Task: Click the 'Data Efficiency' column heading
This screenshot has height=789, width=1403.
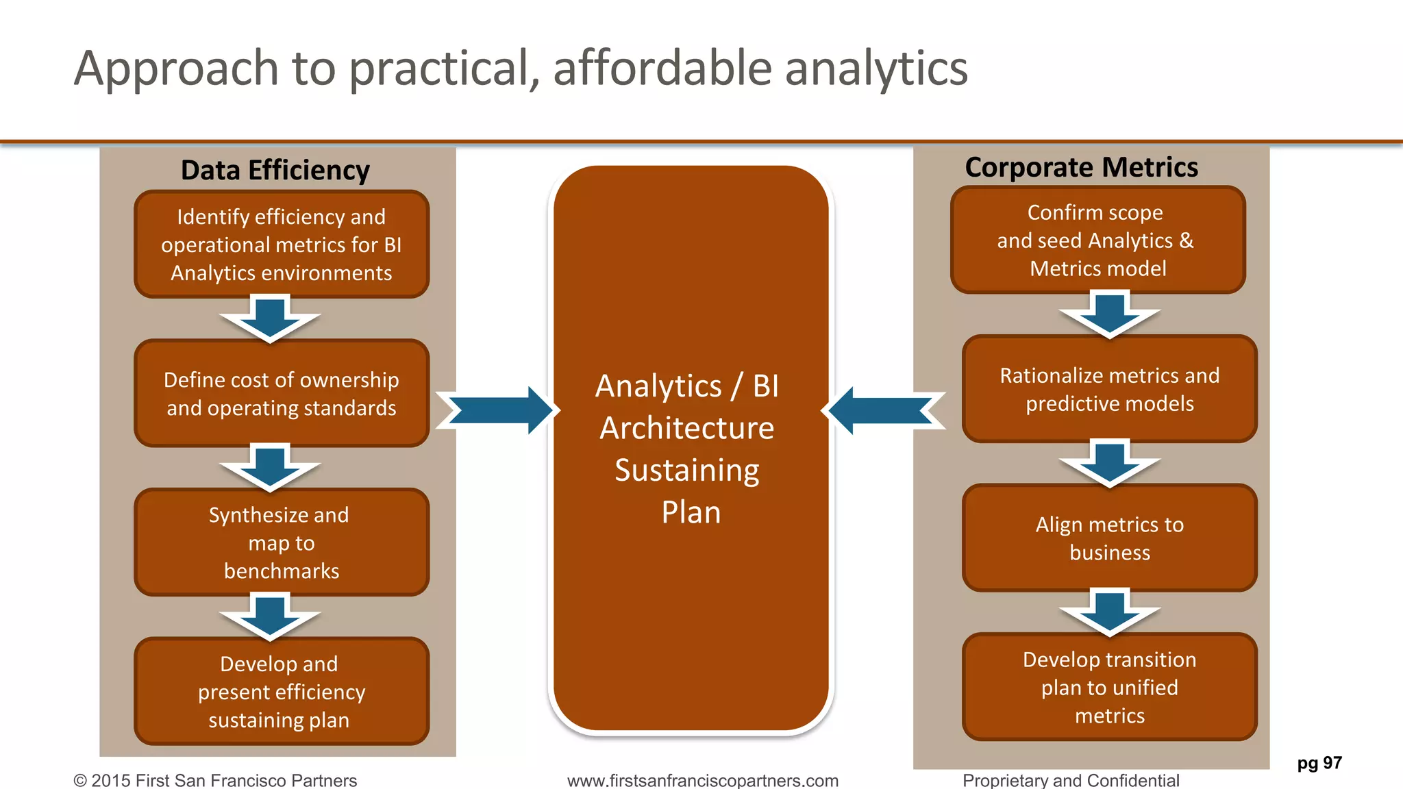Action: tap(275, 171)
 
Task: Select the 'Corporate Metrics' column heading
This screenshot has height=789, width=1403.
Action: tap(1082, 168)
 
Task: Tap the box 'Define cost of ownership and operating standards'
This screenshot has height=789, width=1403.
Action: tap(282, 394)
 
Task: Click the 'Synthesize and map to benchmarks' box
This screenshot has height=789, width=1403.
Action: tap(282, 542)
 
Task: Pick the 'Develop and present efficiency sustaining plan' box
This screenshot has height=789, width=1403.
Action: tap(282, 692)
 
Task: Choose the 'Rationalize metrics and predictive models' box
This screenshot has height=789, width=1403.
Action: tap(1110, 389)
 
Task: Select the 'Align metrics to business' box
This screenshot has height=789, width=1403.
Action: tap(1110, 538)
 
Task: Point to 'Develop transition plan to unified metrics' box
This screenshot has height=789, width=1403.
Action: tap(1110, 687)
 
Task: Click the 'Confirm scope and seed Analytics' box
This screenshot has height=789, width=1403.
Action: tap(1097, 240)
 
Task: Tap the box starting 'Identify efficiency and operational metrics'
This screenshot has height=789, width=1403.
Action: tap(282, 245)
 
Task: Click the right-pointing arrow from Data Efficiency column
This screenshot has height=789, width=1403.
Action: tap(497, 410)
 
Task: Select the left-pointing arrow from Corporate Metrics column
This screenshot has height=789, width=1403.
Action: tap(884, 410)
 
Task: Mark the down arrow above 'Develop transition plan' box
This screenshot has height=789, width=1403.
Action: tap(1110, 612)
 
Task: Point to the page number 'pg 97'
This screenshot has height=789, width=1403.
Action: tap(1319, 763)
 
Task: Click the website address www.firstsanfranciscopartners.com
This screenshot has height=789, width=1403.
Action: tap(703, 780)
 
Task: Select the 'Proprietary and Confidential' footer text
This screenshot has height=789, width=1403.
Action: tap(1071, 780)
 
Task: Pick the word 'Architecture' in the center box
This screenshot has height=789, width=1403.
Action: tap(687, 428)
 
